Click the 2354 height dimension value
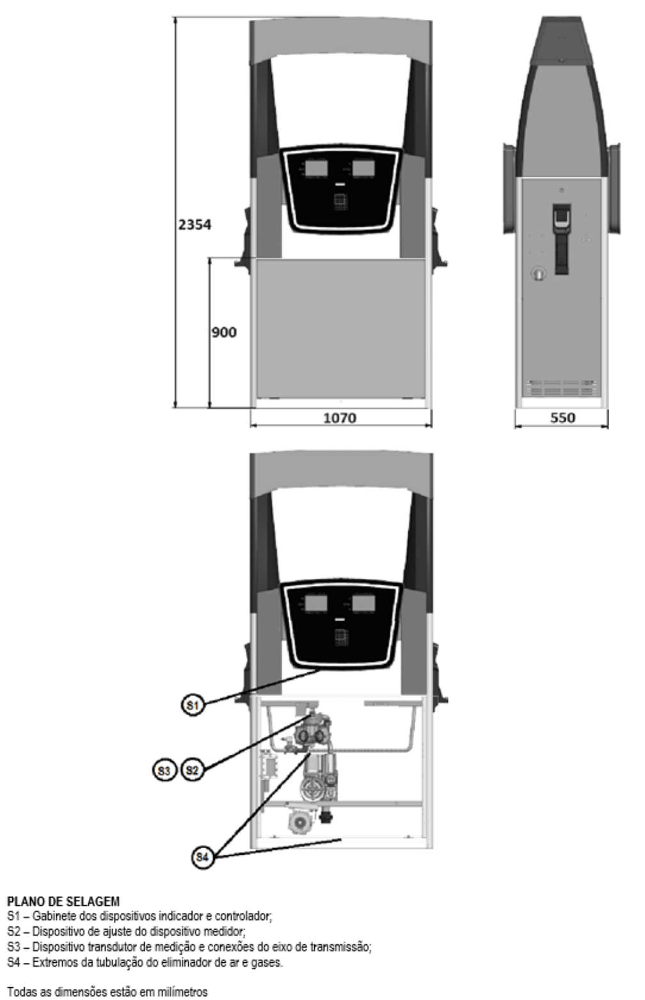pyautogui.click(x=195, y=225)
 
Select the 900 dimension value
pyautogui.click(x=224, y=332)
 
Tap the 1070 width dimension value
pyautogui.click(x=340, y=418)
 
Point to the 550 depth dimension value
pyautogui.click(x=562, y=418)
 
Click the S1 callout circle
pyautogui.click(x=193, y=705)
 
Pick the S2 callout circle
pyautogui.click(x=192, y=770)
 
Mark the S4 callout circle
pyautogui.click(x=202, y=857)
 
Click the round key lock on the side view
pyautogui.click(x=538, y=273)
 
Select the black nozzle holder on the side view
pyautogui.click(x=562, y=239)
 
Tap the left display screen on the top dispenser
pyautogui.click(x=316, y=168)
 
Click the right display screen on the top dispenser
pyautogui.click(x=363, y=168)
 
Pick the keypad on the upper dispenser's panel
pyautogui.click(x=341, y=202)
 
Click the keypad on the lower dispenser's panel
pyautogui.click(x=341, y=637)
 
